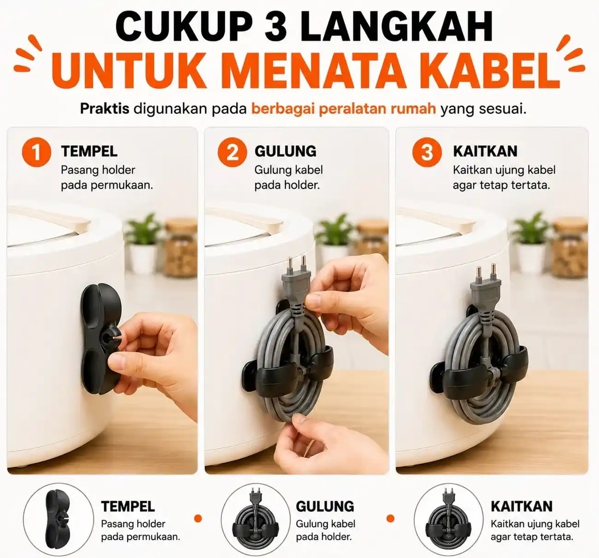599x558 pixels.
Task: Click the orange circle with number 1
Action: click(x=36, y=152)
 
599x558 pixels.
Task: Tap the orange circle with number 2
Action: click(x=232, y=152)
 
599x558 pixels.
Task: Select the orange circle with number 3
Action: click(x=427, y=152)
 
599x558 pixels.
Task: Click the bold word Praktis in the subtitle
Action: click(x=105, y=109)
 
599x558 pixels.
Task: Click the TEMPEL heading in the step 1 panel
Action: click(x=89, y=151)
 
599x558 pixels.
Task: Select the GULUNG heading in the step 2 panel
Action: click(x=286, y=151)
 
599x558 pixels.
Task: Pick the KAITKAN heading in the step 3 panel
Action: click(x=485, y=151)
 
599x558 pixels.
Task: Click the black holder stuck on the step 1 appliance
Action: click(x=98, y=339)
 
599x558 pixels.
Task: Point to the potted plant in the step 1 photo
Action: click(x=144, y=243)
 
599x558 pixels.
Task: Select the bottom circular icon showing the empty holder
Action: click(x=58, y=520)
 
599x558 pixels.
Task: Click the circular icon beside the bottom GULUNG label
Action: click(x=256, y=520)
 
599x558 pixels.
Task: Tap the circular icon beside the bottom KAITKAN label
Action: click(x=448, y=520)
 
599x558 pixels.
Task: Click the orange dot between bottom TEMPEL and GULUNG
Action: click(x=198, y=518)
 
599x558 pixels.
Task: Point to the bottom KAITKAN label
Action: click(x=522, y=507)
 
